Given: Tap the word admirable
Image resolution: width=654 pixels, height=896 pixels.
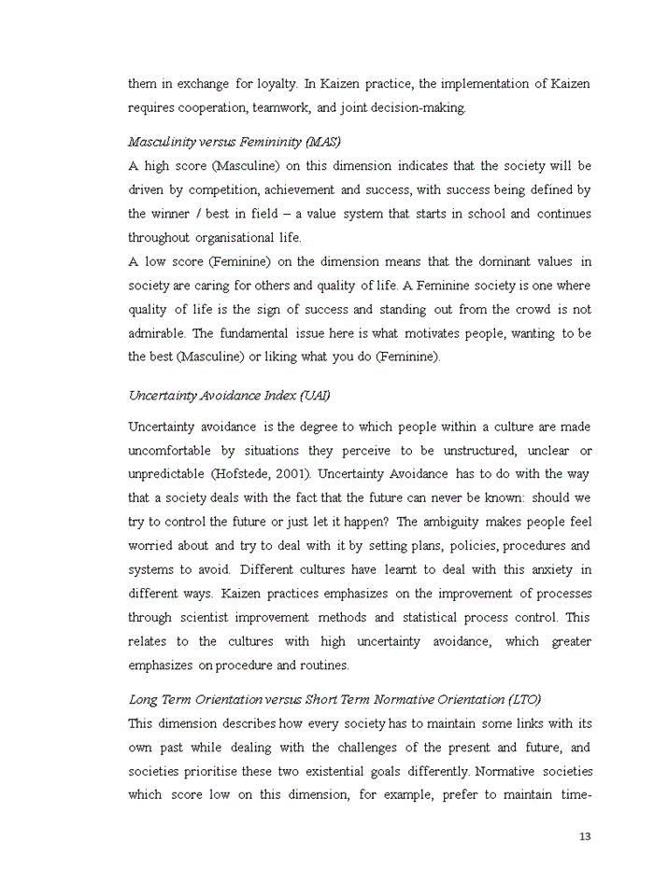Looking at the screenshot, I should click(x=156, y=333).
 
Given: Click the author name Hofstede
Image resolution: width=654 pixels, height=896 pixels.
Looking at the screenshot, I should click(x=245, y=475).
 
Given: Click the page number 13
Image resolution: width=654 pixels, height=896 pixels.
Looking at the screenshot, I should click(x=585, y=836).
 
